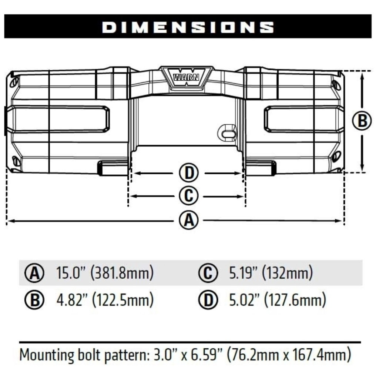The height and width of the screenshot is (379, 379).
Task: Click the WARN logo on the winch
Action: tap(186, 77)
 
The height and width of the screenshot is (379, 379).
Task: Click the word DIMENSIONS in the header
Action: tap(188, 27)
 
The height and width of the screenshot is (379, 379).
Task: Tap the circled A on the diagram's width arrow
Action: tap(189, 220)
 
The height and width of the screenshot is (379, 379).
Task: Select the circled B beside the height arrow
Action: tap(362, 121)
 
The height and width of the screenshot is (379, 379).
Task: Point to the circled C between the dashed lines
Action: tap(189, 196)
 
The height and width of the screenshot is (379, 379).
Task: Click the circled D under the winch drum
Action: tap(189, 173)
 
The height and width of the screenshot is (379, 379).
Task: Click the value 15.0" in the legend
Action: tap(71, 272)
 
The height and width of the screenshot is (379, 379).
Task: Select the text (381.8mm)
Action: tap(122, 273)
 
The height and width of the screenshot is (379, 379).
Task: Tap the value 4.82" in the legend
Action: tap(72, 300)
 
